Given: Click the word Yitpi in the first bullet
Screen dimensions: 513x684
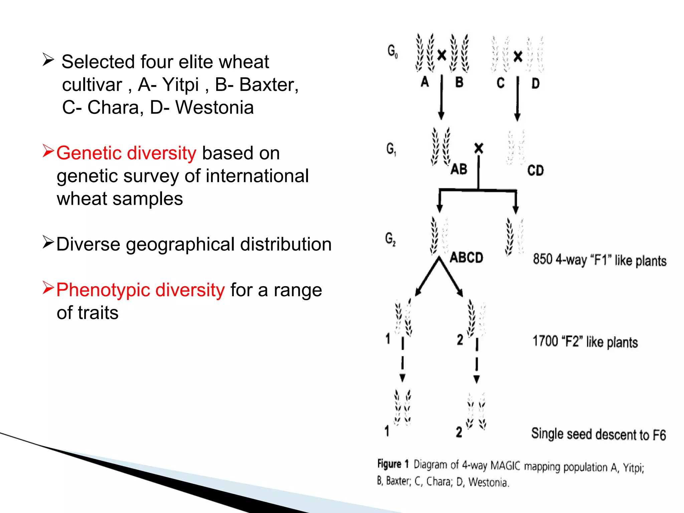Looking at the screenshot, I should click(x=180, y=85).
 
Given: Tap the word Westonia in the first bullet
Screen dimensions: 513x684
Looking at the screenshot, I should click(x=214, y=108).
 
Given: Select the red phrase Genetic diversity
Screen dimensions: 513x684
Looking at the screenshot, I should click(x=126, y=153).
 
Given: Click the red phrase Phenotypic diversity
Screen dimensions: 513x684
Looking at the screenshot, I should click(x=140, y=290).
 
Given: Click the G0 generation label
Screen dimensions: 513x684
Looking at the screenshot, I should click(x=392, y=51).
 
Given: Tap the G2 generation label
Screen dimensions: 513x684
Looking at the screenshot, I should click(x=390, y=239).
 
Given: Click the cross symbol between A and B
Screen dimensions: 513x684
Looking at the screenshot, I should click(x=442, y=55).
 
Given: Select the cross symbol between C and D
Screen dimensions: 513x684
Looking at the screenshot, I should click(x=518, y=56).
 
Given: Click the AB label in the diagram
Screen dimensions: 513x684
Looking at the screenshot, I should click(x=459, y=169).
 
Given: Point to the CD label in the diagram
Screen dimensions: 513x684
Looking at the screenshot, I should click(x=535, y=171).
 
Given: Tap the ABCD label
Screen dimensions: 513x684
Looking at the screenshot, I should click(x=466, y=258).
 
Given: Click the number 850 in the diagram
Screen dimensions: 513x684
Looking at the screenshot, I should click(x=543, y=259).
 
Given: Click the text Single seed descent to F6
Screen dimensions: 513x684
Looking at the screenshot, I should click(x=598, y=434).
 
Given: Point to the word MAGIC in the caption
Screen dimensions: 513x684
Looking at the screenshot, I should click(x=505, y=465).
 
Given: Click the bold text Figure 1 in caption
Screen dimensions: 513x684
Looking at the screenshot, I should click(x=393, y=464).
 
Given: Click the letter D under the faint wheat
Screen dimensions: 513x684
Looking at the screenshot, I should click(x=535, y=83).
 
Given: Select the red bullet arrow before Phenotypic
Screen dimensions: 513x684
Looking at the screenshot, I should click(x=48, y=288).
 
